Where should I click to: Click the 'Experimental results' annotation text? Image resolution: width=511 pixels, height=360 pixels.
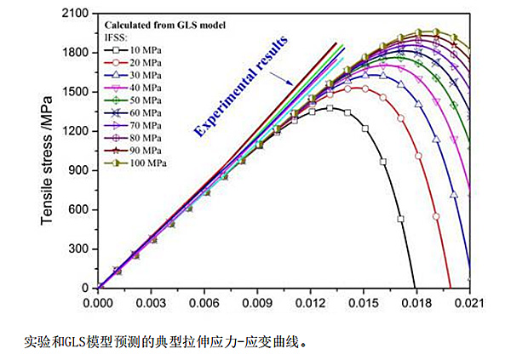[241, 85]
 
